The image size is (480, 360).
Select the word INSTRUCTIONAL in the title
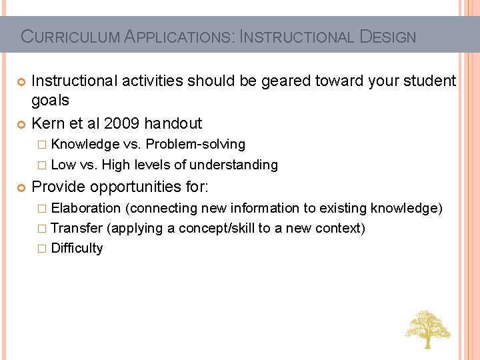tap(297, 37)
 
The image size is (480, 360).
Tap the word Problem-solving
tap(195, 145)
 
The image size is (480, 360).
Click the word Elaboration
tap(85, 209)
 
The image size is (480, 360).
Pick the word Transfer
tap(77, 229)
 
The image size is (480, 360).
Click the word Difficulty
tap(77, 249)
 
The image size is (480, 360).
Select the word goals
tap(51, 100)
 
